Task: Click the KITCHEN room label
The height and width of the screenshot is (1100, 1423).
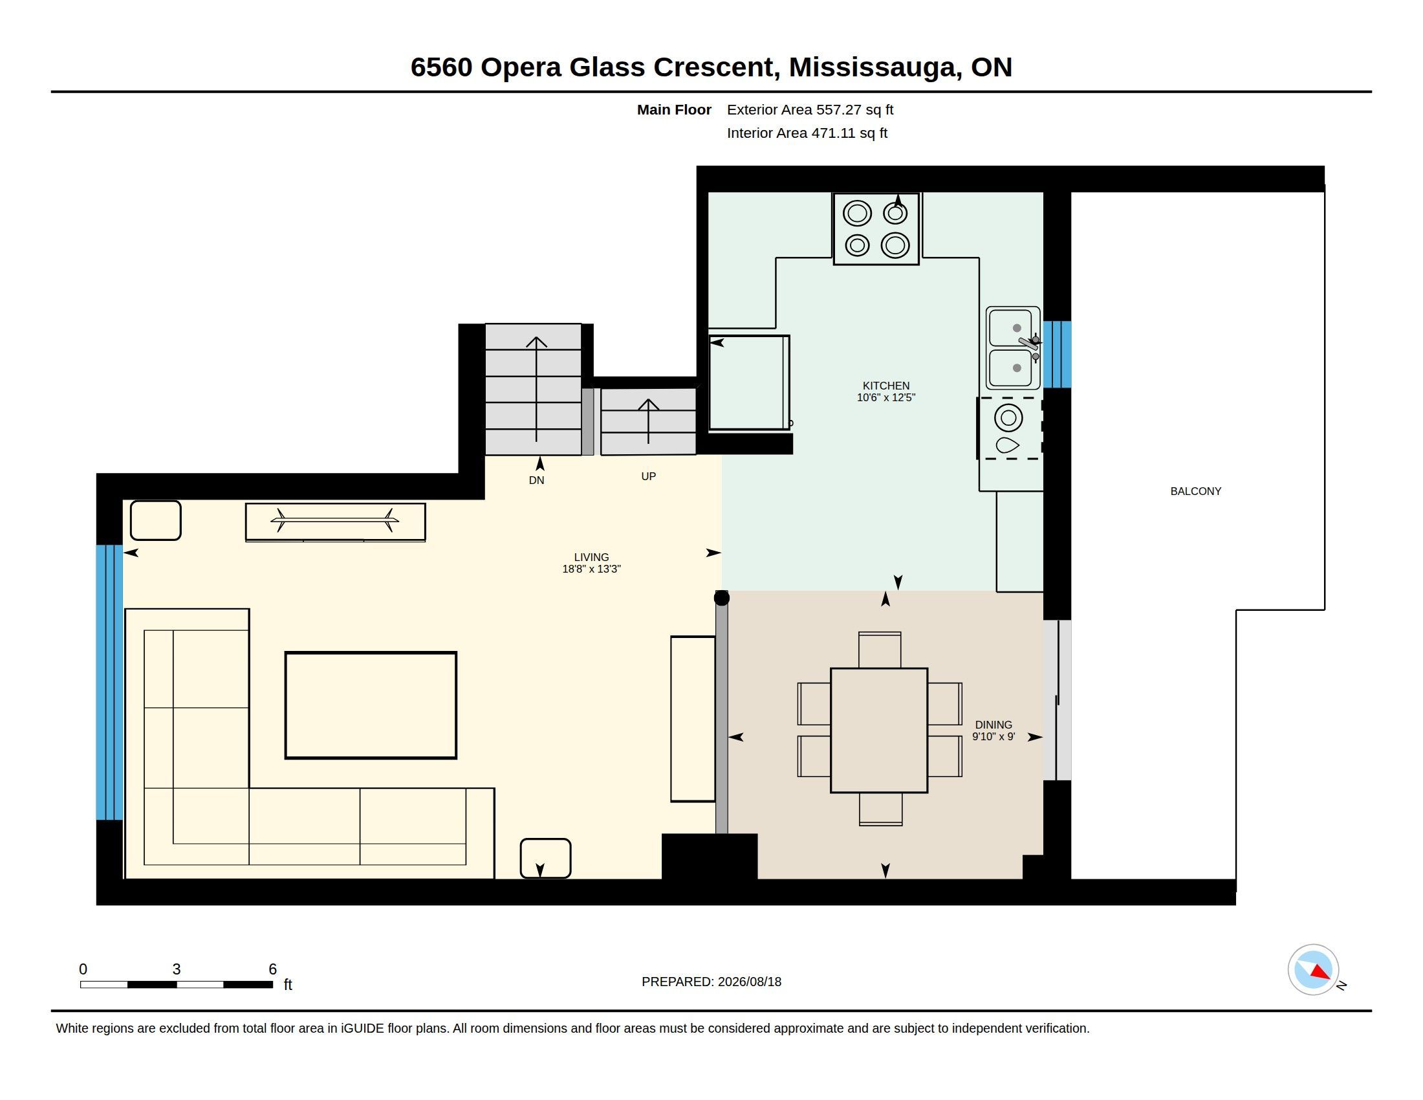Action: pos(886,386)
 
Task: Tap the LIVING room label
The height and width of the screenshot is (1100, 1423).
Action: pos(592,557)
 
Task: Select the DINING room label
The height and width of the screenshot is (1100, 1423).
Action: pos(994,725)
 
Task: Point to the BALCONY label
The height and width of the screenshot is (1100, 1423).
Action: pos(1195,491)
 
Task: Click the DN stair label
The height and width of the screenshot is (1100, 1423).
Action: pos(536,480)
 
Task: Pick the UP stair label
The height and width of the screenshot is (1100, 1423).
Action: pos(648,476)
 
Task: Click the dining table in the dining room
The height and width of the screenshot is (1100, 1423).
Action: pos(879,730)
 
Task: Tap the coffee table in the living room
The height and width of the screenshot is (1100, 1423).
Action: pos(371,705)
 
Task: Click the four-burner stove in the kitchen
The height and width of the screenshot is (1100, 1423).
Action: pos(876,228)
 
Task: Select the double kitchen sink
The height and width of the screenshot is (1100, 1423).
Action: pos(1012,348)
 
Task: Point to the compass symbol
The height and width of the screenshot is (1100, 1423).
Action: pos(1313,970)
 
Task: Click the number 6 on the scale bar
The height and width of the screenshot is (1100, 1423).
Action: pos(273,969)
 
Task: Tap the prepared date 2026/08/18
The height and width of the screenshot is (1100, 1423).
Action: pos(749,982)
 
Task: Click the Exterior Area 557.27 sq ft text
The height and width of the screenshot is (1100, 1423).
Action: pos(810,109)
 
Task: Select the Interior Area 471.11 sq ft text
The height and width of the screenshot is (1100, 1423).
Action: pos(807,133)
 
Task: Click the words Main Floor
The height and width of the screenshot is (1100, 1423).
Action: pos(675,109)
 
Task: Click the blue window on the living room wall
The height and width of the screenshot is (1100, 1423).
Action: pos(109,682)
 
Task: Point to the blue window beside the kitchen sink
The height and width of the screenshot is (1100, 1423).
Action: pos(1057,355)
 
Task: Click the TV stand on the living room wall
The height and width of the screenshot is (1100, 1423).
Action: pos(336,522)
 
